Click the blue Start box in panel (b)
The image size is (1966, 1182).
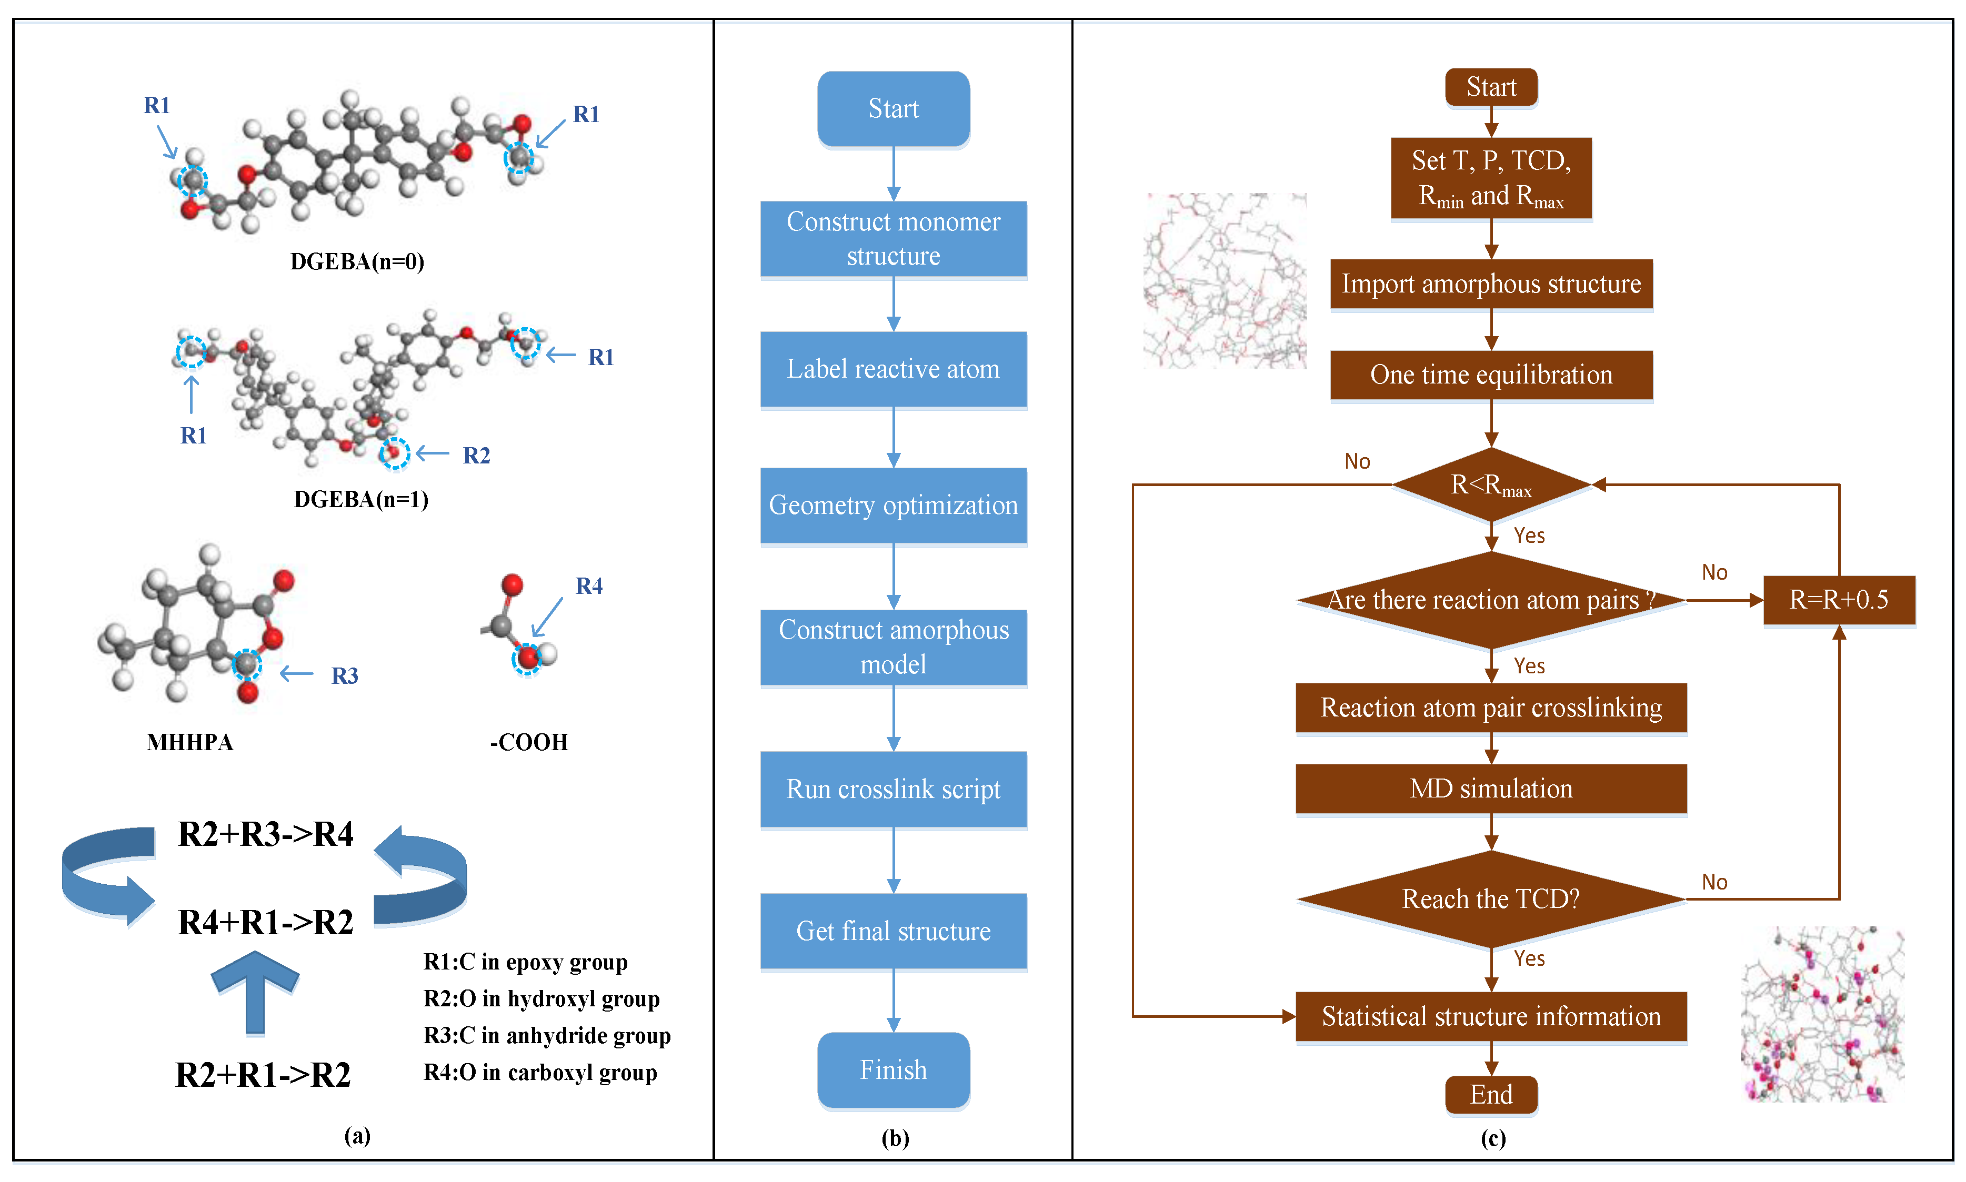coord(893,108)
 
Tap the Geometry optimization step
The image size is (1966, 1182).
coord(893,505)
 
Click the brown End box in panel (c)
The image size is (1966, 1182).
coord(1490,1094)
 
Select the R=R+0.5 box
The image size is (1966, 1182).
coord(1839,600)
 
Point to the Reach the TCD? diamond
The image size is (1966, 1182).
coord(1490,898)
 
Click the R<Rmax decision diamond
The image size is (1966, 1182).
coord(1490,484)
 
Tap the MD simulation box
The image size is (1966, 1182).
coord(1490,789)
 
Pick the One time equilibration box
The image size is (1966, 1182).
coord(1490,375)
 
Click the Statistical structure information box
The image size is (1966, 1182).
coord(1490,1016)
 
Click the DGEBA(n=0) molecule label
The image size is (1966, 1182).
coord(357,261)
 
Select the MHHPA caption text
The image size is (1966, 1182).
coord(189,742)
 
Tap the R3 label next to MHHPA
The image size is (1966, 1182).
coord(344,675)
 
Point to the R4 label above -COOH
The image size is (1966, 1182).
coord(589,586)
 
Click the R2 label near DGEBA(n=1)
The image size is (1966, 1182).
coord(476,456)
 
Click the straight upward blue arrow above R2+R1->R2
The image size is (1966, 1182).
coord(255,992)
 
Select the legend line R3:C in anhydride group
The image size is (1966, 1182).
coord(546,1035)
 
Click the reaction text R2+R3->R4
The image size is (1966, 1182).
coord(265,834)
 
